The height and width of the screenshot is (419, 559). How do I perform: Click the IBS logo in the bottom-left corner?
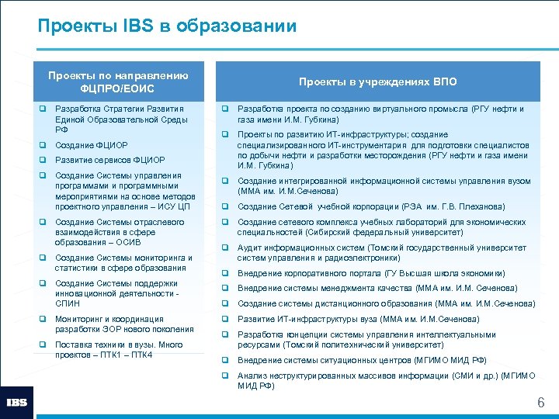pos(17,402)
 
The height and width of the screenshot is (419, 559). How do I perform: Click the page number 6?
pos(541,403)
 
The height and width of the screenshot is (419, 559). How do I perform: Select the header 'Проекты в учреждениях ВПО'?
pos(378,81)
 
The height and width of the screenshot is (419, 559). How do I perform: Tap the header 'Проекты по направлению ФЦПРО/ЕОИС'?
pos(118,81)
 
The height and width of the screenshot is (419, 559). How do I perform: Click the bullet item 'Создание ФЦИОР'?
pos(92,145)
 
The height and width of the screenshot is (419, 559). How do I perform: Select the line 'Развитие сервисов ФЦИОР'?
pos(110,160)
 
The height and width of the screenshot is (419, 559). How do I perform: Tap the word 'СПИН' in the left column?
pos(68,303)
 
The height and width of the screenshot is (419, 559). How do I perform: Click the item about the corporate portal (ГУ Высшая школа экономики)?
pos(371,273)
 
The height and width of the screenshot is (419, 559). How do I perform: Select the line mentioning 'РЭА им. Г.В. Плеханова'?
pos(371,206)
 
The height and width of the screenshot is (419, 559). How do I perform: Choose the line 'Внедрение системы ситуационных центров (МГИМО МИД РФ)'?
pos(362,360)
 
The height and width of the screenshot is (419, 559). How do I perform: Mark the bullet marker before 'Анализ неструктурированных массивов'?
pos(225,376)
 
